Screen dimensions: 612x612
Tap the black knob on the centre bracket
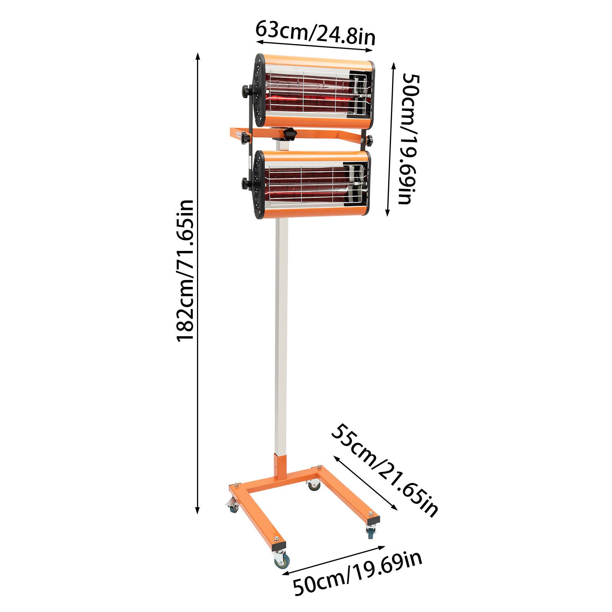pos(290,134)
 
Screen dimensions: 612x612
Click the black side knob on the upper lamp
pos(245,92)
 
